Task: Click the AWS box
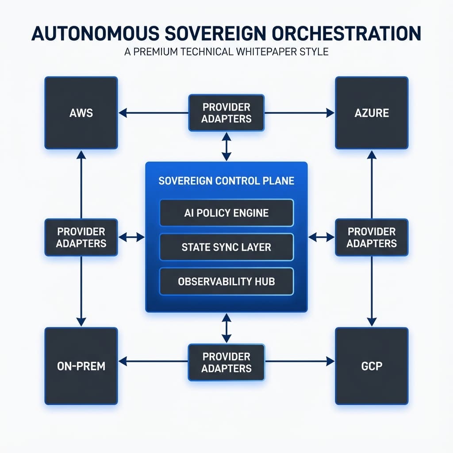click(x=81, y=112)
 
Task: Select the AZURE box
click(x=372, y=112)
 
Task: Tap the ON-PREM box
click(x=81, y=366)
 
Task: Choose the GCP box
click(x=372, y=366)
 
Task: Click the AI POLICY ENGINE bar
click(x=226, y=213)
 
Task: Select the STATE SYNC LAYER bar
click(x=226, y=247)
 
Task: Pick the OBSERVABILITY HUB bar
click(x=226, y=281)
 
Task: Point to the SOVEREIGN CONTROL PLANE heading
click(x=226, y=181)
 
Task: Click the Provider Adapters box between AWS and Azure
click(x=226, y=112)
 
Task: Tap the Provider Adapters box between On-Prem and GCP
click(x=226, y=362)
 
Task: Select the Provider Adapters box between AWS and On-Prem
click(x=81, y=237)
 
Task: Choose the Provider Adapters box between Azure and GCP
click(x=372, y=237)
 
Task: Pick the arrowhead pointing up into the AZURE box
click(x=372, y=155)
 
